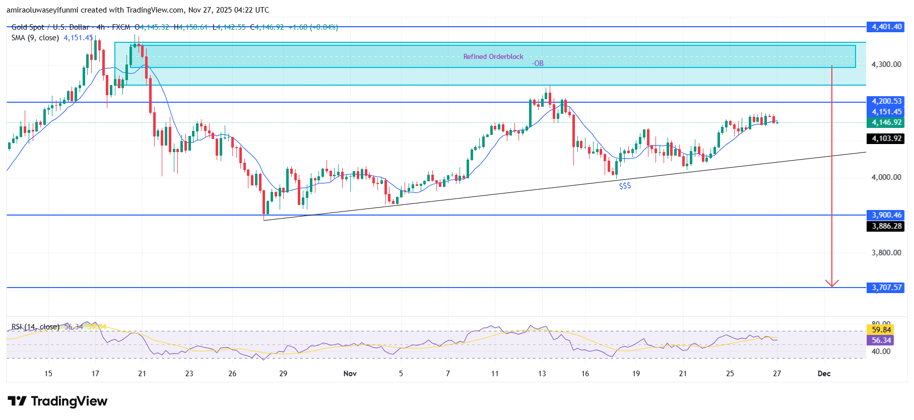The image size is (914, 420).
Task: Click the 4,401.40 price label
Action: pos(887,27)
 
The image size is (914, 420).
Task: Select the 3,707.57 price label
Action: pos(887,288)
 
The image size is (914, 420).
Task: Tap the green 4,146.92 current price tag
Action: pos(887,122)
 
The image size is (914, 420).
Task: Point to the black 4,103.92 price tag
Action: pos(887,138)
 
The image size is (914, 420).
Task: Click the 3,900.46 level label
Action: pos(887,215)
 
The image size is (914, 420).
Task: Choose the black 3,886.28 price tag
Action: pos(887,226)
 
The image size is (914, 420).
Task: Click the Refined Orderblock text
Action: pos(493,56)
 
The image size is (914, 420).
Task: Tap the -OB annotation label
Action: pos(538,63)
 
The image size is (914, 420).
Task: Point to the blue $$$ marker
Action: pos(625,186)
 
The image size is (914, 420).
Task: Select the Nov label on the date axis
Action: pos(350,373)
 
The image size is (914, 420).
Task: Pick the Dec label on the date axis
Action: pos(824,373)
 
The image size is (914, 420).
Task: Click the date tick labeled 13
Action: pos(542,373)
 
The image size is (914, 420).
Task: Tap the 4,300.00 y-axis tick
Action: pos(886,64)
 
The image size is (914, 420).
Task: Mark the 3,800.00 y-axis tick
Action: pos(886,253)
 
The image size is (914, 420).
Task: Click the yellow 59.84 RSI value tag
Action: pos(881,330)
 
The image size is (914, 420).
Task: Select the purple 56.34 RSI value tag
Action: pos(881,340)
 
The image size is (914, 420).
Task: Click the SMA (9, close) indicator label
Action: pos(35,38)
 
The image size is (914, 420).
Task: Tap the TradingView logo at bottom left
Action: pos(57,401)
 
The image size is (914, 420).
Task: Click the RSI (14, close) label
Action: pos(35,327)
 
